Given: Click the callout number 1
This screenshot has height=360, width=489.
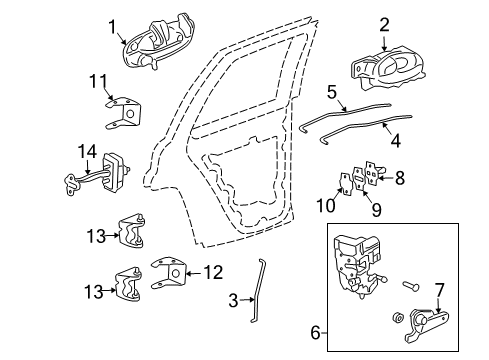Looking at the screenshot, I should coord(113,27).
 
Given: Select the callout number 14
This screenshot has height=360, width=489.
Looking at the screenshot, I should coord(87,151).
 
